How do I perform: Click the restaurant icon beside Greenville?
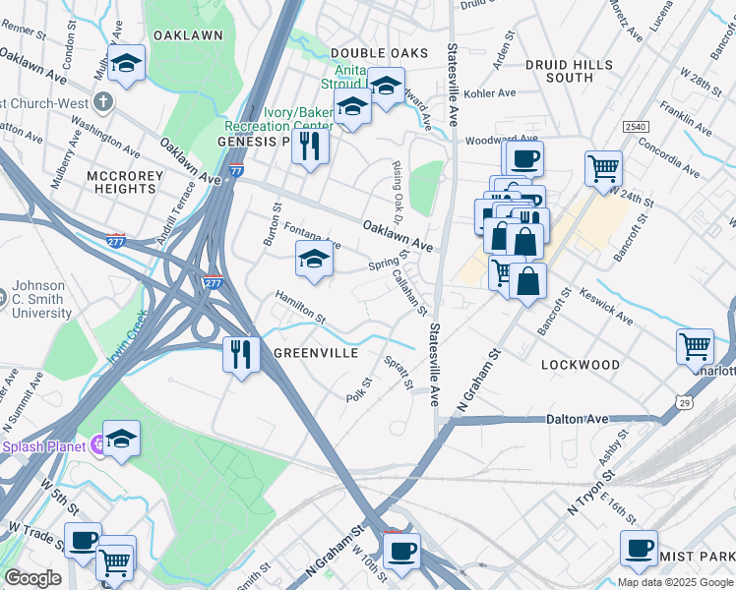pos(240,353)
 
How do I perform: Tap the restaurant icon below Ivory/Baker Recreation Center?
pos(310,147)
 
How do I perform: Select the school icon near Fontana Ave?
pos(314,260)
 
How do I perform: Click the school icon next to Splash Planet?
pos(121,439)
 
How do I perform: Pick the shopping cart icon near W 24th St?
pos(602,167)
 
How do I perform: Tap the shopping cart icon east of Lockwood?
pos(695,346)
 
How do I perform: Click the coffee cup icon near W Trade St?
pos(83,540)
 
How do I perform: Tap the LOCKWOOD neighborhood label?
pos(581,365)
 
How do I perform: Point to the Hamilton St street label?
pos(300,306)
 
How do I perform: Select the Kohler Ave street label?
pos(492,93)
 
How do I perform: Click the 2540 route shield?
pos(635,127)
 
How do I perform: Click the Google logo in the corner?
pos(32,578)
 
